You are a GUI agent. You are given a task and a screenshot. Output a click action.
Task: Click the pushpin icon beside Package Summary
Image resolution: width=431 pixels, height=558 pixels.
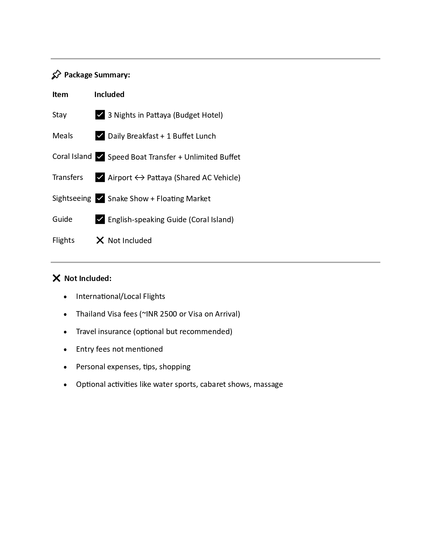(56, 75)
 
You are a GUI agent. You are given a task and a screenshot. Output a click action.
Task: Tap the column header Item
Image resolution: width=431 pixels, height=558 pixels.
(60, 94)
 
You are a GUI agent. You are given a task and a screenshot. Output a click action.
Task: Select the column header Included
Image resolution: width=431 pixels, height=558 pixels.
(109, 94)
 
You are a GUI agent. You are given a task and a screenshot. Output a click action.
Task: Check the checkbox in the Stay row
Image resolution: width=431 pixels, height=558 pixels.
(100, 115)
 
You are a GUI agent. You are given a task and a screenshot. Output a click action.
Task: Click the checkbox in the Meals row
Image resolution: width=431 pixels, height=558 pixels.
(100, 136)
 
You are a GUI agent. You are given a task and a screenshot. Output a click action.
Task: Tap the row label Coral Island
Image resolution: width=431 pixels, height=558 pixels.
(72, 156)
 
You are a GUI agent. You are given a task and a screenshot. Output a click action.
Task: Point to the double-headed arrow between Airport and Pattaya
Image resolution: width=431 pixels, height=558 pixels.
(140, 178)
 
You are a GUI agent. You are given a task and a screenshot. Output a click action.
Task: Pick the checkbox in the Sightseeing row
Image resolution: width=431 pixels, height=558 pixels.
(100, 198)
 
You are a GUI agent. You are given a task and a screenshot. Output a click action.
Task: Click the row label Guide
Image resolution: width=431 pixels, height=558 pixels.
(62, 219)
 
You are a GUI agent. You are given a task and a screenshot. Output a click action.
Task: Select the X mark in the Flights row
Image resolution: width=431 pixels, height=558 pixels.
(100, 240)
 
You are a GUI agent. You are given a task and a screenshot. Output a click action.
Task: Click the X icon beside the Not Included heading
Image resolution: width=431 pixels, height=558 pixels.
(56, 278)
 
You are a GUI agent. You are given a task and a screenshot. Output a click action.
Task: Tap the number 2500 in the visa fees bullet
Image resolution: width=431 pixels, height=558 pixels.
(168, 314)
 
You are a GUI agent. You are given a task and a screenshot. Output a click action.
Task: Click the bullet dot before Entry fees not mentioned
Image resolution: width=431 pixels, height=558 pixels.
(65, 349)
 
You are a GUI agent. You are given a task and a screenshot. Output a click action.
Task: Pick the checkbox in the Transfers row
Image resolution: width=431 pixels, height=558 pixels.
(100, 177)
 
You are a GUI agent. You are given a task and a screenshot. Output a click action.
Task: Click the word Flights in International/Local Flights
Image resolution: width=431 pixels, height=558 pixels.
(154, 296)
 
